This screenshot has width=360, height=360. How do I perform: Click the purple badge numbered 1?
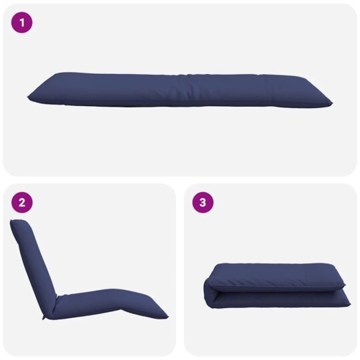pyautogui.click(x=22, y=23)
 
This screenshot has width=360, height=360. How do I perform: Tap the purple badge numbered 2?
pyautogui.click(x=22, y=203)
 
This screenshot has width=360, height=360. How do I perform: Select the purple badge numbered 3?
pyautogui.click(x=203, y=203)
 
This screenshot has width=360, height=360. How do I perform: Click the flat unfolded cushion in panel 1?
pyautogui.click(x=180, y=90)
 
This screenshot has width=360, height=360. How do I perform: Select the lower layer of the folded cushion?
pyautogui.click(x=280, y=300)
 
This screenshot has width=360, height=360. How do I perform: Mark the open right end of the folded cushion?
pyautogui.click(x=346, y=293)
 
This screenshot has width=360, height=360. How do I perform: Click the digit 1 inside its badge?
pyautogui.click(x=22, y=23)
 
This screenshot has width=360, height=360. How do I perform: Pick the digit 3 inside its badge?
pyautogui.click(x=203, y=203)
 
